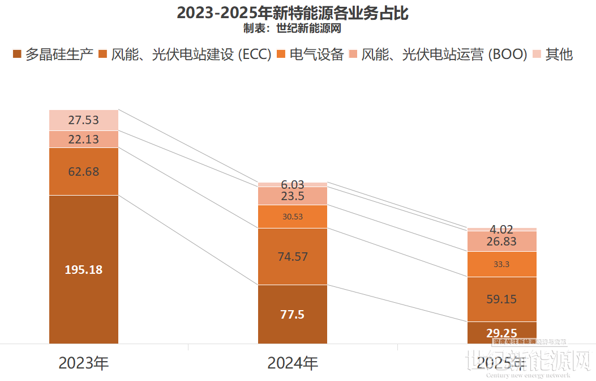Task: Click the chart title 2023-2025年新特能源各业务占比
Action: click(292, 12)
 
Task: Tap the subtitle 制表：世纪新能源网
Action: click(292, 28)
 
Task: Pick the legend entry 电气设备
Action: click(310, 54)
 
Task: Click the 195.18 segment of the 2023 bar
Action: click(84, 269)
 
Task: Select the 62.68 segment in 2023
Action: click(84, 171)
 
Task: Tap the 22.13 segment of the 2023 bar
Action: click(84, 139)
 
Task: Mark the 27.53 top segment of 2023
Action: click(84, 120)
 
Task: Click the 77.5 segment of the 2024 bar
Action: click(293, 314)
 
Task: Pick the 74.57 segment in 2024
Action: click(293, 256)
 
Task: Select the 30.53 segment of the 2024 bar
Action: click(293, 217)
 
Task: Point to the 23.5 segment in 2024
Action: click(293, 196)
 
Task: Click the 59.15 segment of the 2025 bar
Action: click(501, 299)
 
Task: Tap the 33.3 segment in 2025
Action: click(501, 264)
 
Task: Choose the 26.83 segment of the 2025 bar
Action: click(501, 241)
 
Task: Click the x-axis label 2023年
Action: click(84, 362)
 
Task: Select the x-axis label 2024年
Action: click(293, 362)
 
